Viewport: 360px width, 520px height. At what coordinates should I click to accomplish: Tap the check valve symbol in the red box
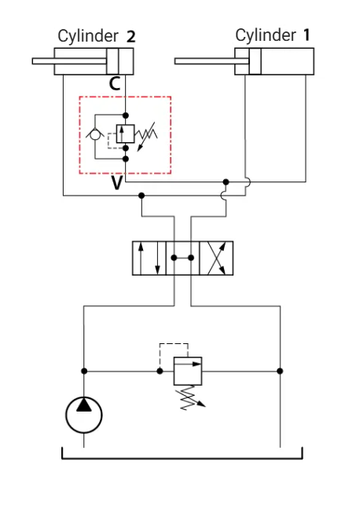click(x=95, y=134)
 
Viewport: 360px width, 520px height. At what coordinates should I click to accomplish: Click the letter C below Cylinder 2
click(x=115, y=83)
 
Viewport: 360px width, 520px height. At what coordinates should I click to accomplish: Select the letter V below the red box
click(x=117, y=182)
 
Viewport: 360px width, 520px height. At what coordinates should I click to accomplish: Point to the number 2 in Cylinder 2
click(x=131, y=37)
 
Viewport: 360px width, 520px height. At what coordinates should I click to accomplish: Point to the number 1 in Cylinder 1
click(x=307, y=35)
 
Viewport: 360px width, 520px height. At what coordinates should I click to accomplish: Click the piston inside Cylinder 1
click(x=255, y=61)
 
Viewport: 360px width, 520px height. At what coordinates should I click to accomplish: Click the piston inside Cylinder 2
click(x=112, y=61)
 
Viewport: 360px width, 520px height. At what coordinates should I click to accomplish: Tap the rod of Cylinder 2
click(x=69, y=61)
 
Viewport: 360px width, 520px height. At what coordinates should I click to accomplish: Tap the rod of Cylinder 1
click(x=211, y=61)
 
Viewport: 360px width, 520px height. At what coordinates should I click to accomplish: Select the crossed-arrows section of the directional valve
click(x=216, y=258)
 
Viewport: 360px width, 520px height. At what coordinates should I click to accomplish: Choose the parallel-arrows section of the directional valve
click(x=149, y=258)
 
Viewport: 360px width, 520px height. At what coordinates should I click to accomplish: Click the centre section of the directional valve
click(x=182, y=258)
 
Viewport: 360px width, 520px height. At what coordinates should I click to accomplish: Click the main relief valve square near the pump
click(x=188, y=371)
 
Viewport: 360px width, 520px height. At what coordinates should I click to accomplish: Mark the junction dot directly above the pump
click(x=84, y=371)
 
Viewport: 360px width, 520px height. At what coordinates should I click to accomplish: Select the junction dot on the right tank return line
click(x=280, y=371)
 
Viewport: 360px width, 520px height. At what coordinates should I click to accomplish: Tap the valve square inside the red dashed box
click(x=126, y=134)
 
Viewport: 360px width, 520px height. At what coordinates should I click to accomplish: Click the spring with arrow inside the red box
click(x=146, y=136)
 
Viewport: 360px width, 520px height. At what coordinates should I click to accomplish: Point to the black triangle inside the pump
click(x=84, y=405)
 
